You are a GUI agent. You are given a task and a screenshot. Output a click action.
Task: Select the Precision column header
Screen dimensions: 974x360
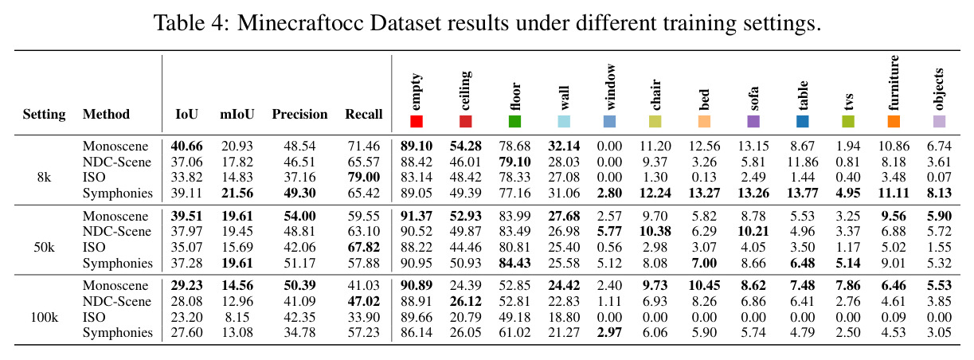(299, 114)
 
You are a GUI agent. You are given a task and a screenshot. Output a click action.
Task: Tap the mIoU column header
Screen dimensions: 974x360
(237, 114)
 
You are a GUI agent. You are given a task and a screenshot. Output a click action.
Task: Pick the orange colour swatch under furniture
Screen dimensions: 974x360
(894, 121)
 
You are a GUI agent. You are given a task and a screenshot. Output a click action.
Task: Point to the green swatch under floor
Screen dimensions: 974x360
(514, 121)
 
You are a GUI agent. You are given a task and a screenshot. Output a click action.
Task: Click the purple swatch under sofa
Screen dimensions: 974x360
(753, 121)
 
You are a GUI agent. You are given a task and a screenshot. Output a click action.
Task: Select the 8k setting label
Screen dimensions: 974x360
(44, 178)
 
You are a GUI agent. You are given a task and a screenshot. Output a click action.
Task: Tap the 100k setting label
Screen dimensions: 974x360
(44, 318)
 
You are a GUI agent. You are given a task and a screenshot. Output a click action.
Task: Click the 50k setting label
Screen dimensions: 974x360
(44, 248)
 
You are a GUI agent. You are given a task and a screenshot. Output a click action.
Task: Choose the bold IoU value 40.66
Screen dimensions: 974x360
(186, 146)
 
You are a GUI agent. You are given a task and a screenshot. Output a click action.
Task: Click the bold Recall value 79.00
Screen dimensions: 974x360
(363, 178)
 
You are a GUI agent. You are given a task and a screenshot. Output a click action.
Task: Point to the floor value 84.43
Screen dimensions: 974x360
(514, 263)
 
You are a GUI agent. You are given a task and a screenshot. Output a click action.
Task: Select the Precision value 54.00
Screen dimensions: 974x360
(299, 216)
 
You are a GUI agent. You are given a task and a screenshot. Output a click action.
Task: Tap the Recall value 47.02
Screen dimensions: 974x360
(363, 301)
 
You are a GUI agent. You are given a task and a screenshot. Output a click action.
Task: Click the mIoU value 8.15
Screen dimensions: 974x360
(237, 318)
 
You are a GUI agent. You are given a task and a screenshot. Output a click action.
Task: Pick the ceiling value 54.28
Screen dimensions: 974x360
(466, 146)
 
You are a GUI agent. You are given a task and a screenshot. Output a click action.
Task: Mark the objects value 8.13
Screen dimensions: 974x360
(939, 193)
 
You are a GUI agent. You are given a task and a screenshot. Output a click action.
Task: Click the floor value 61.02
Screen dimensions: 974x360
(514, 333)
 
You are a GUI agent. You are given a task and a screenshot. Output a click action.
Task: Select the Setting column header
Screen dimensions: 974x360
(44, 114)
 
